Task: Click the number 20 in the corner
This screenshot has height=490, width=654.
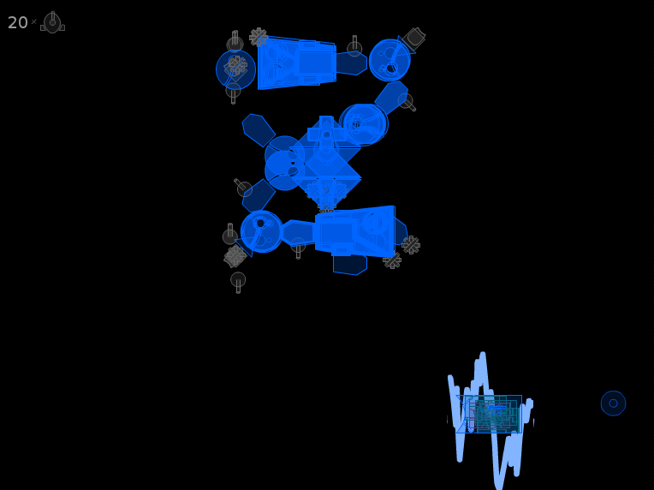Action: point(17,22)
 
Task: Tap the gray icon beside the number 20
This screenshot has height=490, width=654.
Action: point(52,22)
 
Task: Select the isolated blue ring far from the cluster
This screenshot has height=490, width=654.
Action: point(613,403)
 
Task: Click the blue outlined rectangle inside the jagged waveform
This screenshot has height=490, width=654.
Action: point(489,414)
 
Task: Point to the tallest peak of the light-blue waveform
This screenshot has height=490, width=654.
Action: point(483,355)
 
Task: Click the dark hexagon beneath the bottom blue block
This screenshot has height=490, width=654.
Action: point(350,265)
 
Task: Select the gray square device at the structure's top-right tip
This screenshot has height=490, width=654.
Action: point(413,38)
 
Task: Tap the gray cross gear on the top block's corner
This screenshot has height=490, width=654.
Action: point(259,37)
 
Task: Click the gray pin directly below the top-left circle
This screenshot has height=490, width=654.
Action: point(233,93)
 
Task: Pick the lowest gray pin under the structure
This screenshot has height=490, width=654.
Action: point(238,282)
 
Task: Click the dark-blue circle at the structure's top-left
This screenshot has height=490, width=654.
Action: point(235,69)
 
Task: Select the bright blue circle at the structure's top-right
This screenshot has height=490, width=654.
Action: point(390,60)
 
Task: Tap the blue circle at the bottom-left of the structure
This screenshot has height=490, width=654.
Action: point(262,231)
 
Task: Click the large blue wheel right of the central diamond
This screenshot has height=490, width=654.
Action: point(364,124)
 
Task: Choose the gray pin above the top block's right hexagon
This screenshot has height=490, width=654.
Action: point(354,46)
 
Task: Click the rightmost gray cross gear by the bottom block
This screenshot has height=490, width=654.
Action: point(411,245)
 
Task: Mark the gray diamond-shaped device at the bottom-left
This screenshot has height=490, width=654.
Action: point(235,256)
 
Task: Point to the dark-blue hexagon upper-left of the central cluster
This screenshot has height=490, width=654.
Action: point(259,130)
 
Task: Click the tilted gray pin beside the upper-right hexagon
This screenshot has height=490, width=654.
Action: point(407,102)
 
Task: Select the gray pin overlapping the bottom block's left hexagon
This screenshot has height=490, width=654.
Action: point(298,248)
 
